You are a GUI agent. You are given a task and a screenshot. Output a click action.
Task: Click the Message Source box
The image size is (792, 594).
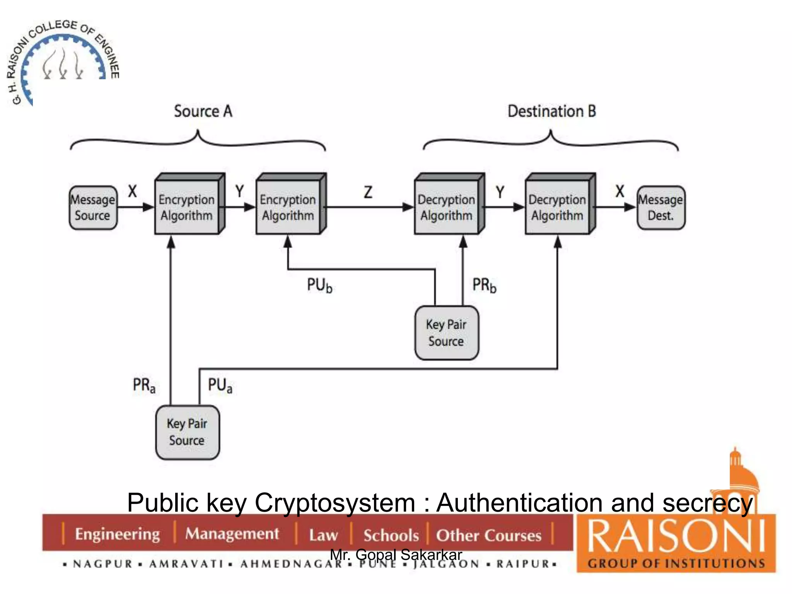pyautogui.click(x=93, y=208)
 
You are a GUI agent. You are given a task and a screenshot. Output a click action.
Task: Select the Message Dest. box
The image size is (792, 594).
pyautogui.click(x=661, y=208)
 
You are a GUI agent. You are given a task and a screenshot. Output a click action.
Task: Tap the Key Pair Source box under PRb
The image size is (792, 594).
pyautogui.click(x=447, y=333)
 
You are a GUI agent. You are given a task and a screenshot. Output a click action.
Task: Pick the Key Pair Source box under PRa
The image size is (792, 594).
pyautogui.click(x=188, y=432)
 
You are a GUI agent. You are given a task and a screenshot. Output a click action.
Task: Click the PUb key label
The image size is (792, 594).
pyautogui.click(x=319, y=285)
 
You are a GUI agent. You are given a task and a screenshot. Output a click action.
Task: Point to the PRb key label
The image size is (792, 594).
pyautogui.click(x=484, y=285)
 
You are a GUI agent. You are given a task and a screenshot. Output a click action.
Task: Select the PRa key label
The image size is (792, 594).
pyautogui.click(x=144, y=385)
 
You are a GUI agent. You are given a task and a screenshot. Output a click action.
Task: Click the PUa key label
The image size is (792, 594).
pyautogui.click(x=220, y=385)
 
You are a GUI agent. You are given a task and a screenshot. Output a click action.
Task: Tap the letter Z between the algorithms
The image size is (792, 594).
pyautogui.click(x=368, y=192)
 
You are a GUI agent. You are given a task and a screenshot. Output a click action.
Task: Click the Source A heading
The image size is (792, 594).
pyautogui.click(x=203, y=111)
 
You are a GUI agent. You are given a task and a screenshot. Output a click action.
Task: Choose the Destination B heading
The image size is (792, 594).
pyautogui.click(x=551, y=111)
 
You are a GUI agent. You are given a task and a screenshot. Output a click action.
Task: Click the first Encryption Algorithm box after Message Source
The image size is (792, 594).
pyautogui.click(x=187, y=207)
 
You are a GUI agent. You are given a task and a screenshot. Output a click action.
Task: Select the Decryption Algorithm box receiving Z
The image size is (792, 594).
pyautogui.click(x=447, y=207)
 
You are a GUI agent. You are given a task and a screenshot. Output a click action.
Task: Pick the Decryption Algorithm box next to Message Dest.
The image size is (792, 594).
pyautogui.click(x=557, y=207)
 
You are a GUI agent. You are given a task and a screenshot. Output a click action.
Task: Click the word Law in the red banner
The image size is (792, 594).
pyautogui.click(x=323, y=535)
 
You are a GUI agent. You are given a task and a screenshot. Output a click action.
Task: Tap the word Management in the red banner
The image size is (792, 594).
pyautogui.click(x=232, y=534)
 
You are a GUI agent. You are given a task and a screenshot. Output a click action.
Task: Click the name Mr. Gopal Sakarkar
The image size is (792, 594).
pyautogui.click(x=396, y=555)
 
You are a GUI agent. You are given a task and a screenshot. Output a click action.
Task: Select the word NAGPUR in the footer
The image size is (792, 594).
pyautogui.click(x=103, y=564)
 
